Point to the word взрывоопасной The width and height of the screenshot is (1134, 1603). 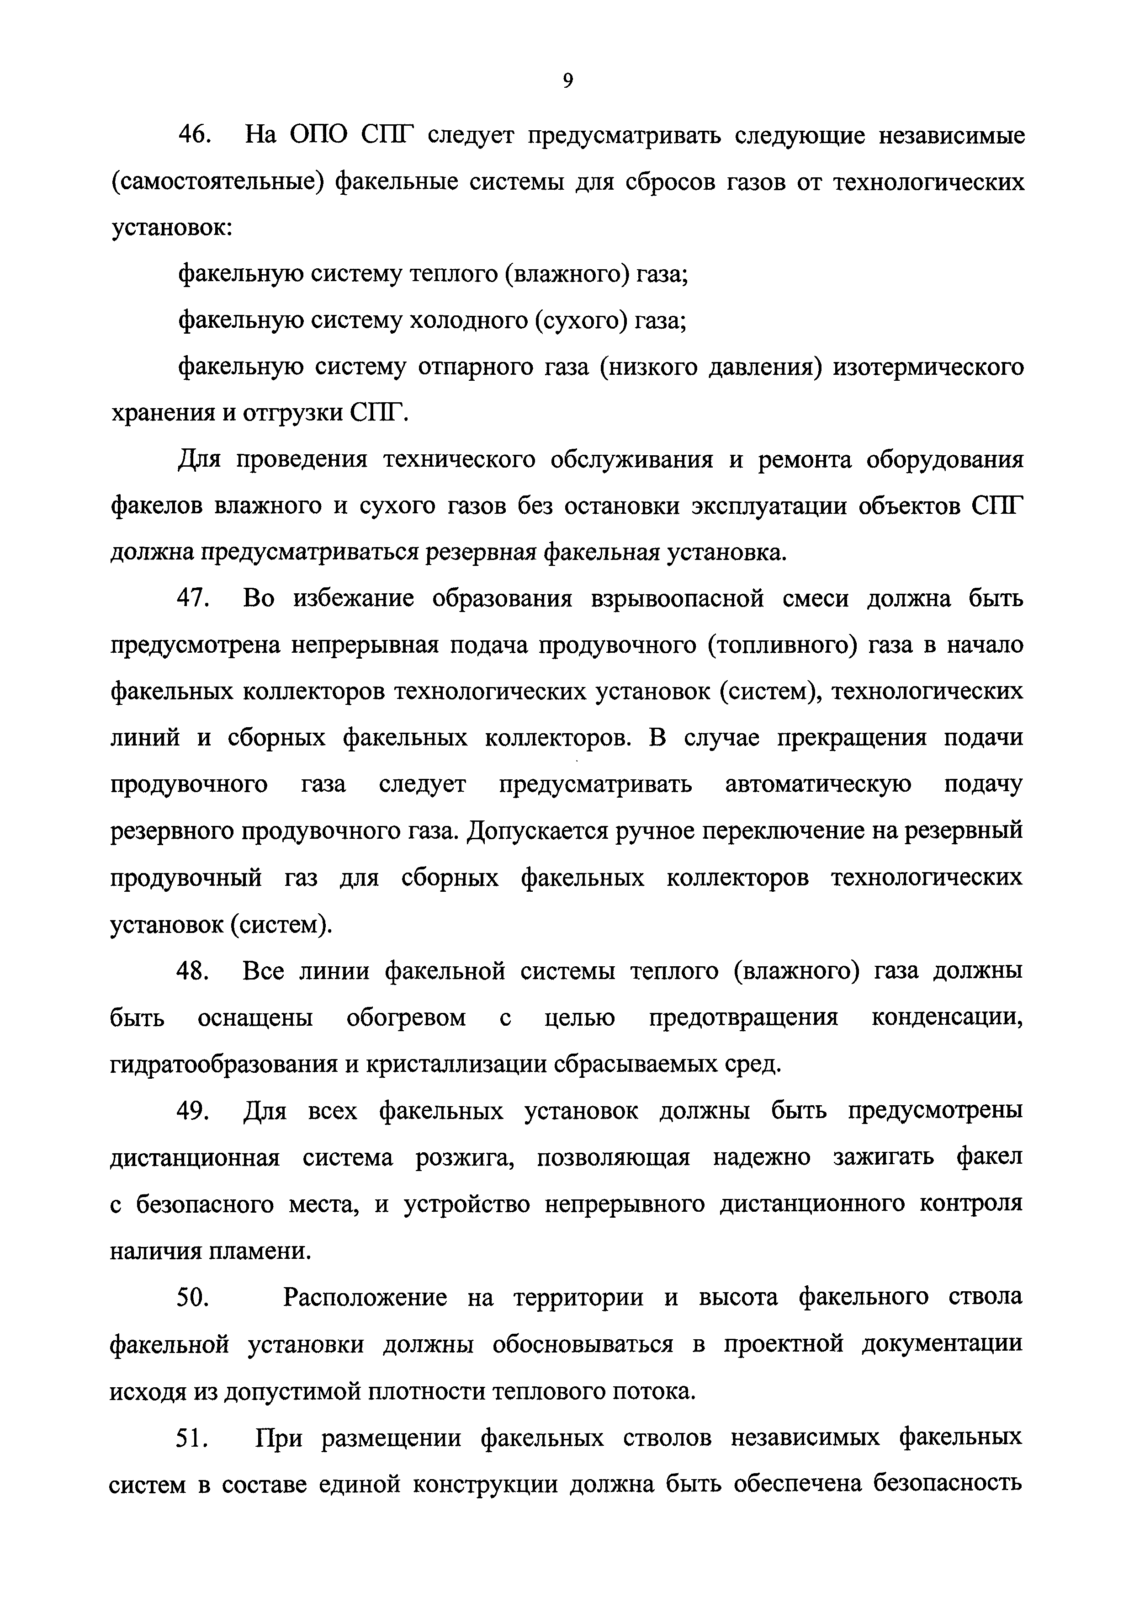pyautogui.click(x=677, y=599)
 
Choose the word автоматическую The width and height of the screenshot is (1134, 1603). pyautogui.click(x=818, y=784)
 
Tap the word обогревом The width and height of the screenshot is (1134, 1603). pyautogui.click(x=406, y=1017)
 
